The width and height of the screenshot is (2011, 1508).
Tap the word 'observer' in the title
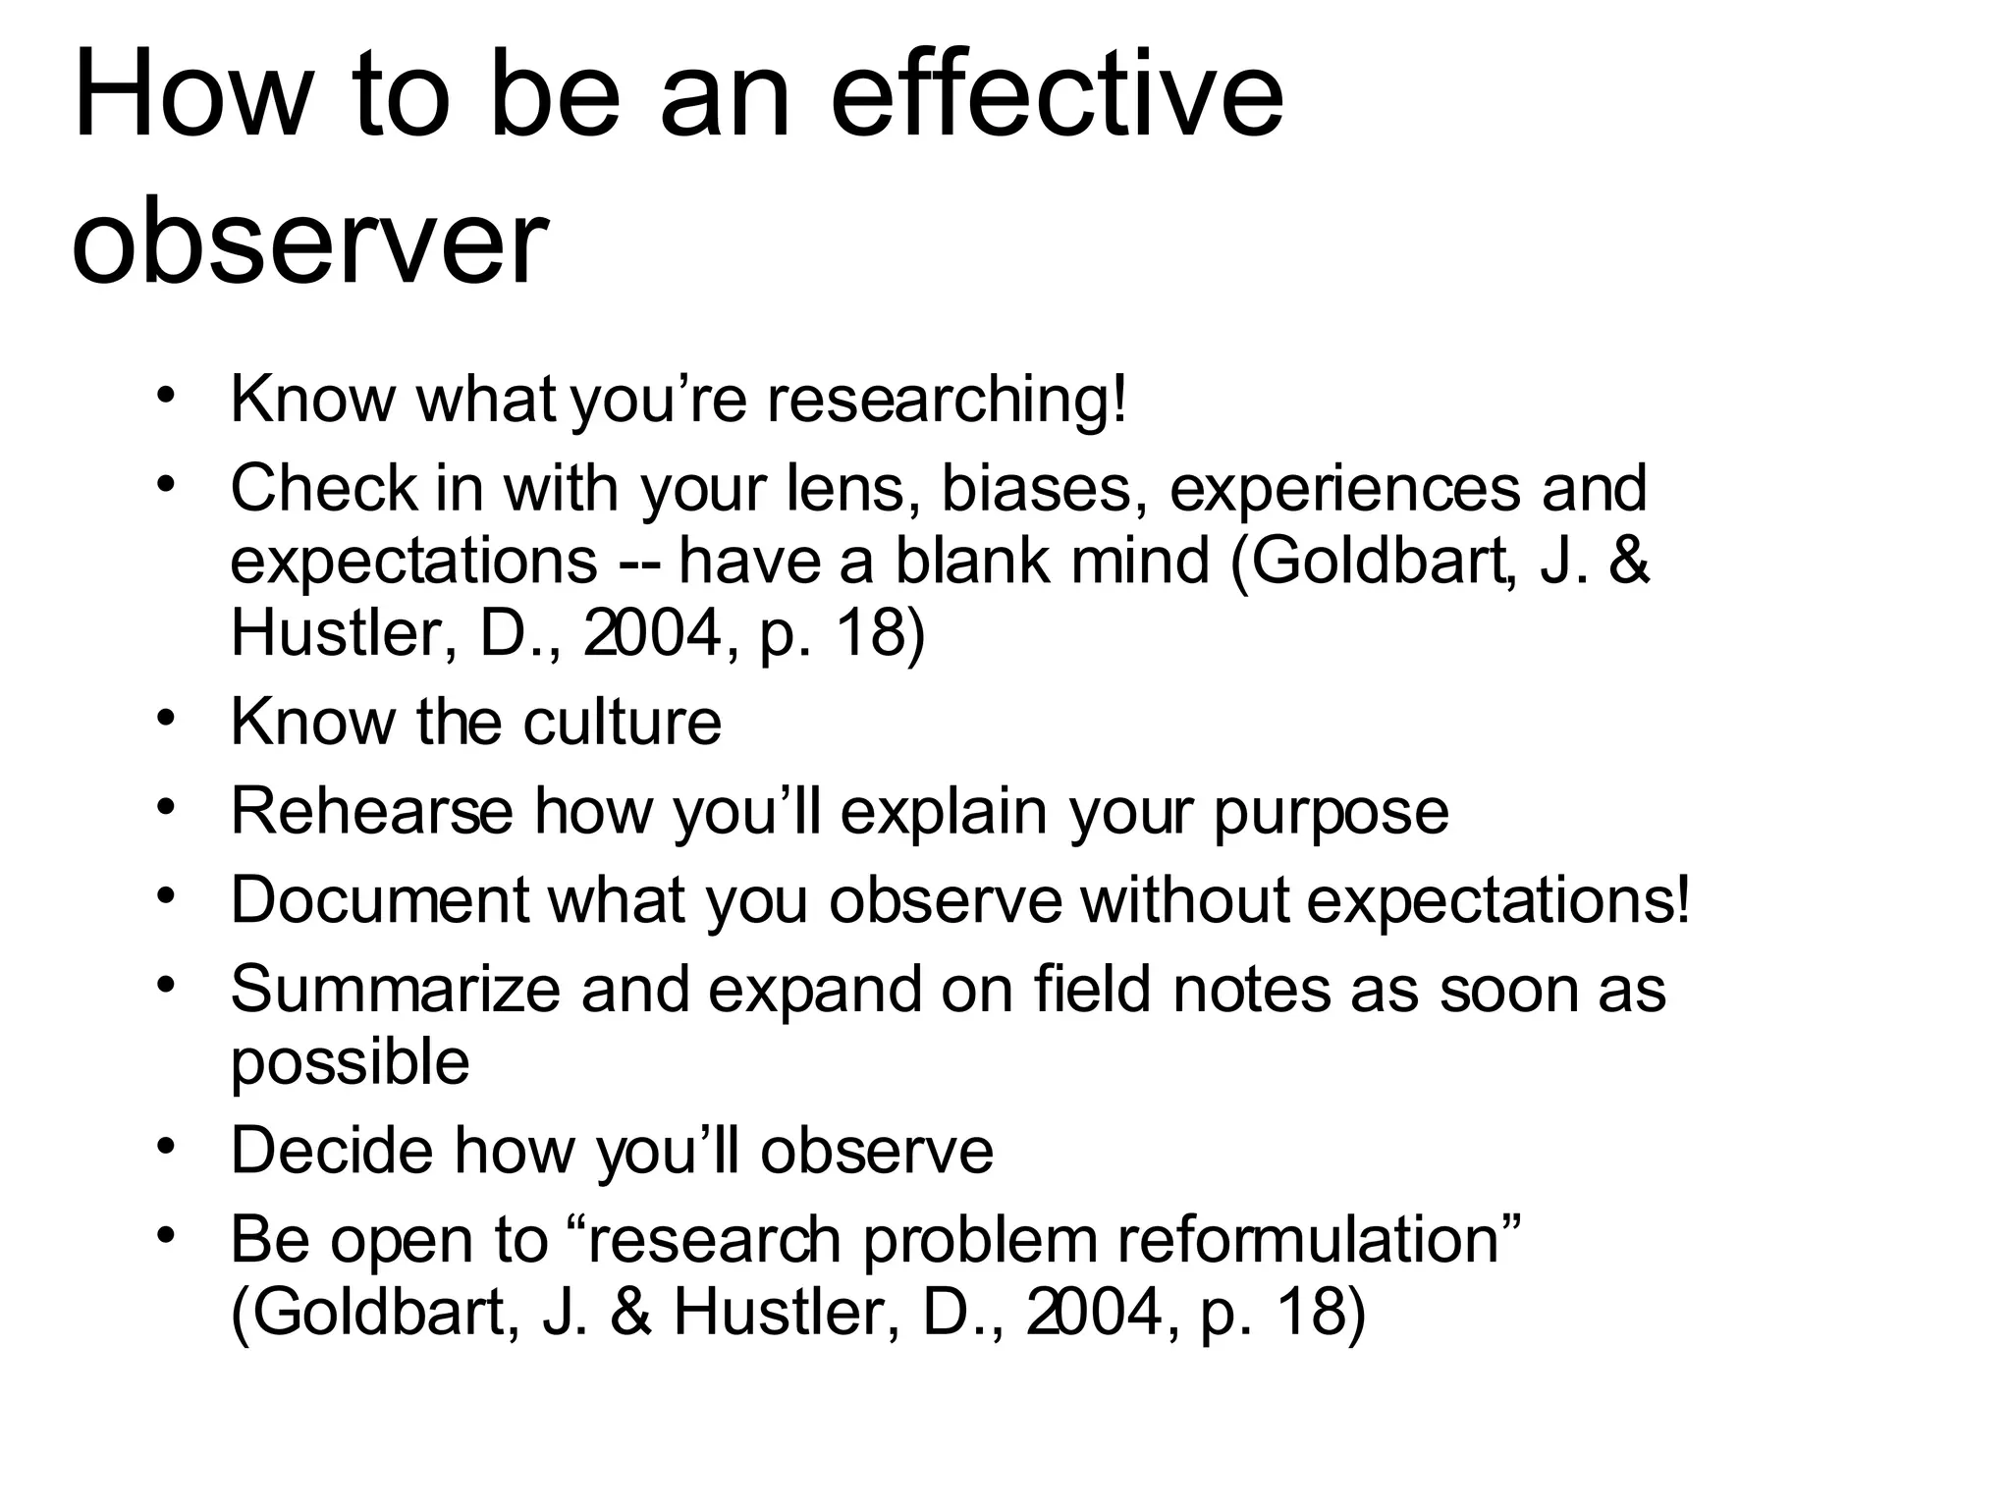click(x=308, y=241)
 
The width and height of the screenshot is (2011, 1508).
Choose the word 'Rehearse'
click(x=372, y=811)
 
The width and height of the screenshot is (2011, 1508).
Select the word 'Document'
click(x=380, y=899)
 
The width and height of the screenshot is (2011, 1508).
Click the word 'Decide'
click(x=331, y=1150)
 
